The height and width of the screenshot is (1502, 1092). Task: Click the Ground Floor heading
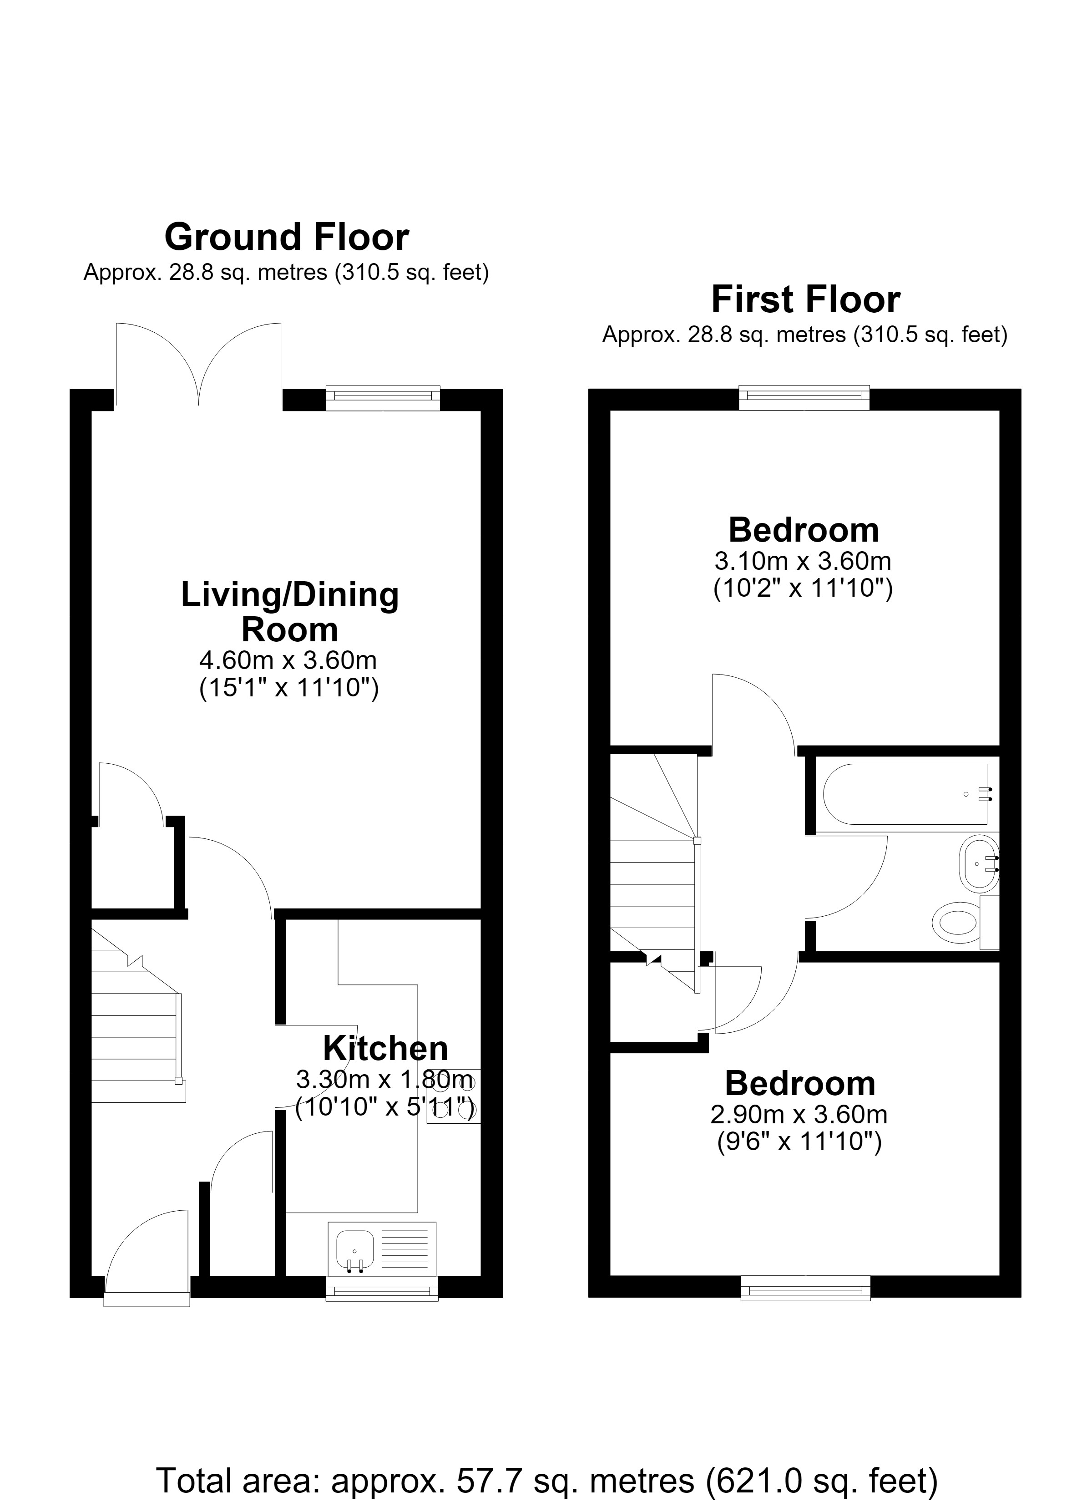pyautogui.click(x=287, y=237)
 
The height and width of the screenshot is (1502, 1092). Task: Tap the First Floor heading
pyautogui.click(x=805, y=299)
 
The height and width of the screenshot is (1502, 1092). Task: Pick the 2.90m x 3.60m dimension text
pyautogui.click(x=799, y=1115)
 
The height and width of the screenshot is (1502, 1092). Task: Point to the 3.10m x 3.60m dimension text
pyautogui.click(x=803, y=561)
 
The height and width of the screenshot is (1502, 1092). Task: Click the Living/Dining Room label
pyautogui.click(x=290, y=612)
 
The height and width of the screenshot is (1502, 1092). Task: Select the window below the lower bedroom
pyautogui.click(x=805, y=1288)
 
